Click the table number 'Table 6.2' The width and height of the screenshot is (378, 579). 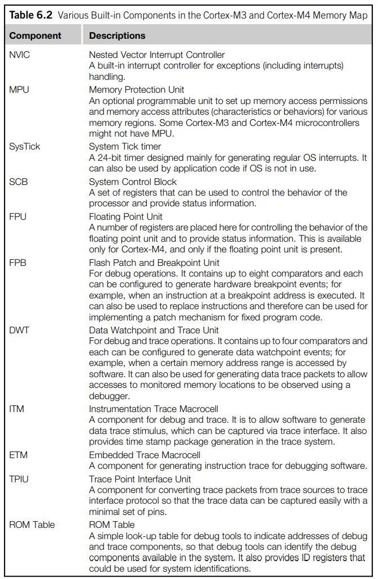coord(29,15)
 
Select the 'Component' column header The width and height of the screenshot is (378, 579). coord(35,35)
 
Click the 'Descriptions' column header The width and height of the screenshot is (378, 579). coord(117,35)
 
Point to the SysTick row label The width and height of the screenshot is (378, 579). coord(25,147)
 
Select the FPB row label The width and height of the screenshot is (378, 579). coord(17,262)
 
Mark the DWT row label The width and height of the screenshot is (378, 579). coord(19,330)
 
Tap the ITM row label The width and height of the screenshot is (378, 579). coord(17,409)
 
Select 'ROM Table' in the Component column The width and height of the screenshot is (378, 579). coord(32,524)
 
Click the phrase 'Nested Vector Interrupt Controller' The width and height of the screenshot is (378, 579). coord(157,55)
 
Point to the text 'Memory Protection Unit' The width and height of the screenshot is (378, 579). coord(137,89)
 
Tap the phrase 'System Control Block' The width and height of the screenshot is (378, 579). coord(133,182)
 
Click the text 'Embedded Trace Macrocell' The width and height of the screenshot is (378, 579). coord(145,455)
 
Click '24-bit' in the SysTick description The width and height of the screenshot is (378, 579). coord(110,158)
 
